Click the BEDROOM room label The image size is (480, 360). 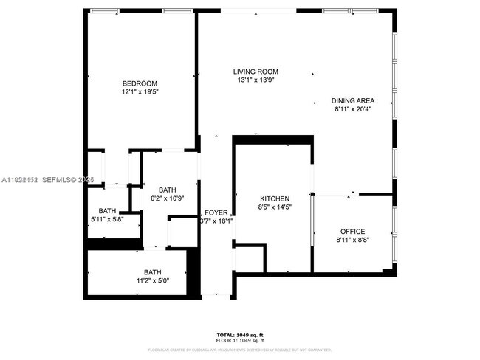pos(140,83)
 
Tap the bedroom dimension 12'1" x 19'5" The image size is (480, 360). pos(140,92)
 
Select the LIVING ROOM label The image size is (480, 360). pos(256,72)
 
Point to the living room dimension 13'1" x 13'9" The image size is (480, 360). pos(256,80)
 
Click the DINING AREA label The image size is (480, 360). pos(352,100)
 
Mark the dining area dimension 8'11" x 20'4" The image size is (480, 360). pos(352,109)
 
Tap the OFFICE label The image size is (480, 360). pos(352,231)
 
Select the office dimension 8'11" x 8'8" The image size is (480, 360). pos(352,240)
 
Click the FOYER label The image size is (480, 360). pos(216,212)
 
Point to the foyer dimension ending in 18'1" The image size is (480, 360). pos(216,221)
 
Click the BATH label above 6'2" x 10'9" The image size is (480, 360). pos(167,189)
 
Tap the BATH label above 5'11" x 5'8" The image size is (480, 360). pos(108,210)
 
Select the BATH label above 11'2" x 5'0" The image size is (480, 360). pos(152,271)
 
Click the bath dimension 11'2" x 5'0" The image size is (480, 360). pos(152,280)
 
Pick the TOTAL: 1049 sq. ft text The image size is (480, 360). pos(241,335)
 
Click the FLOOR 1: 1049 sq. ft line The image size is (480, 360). pos(241,341)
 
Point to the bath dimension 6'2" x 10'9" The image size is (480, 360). pos(167,198)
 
